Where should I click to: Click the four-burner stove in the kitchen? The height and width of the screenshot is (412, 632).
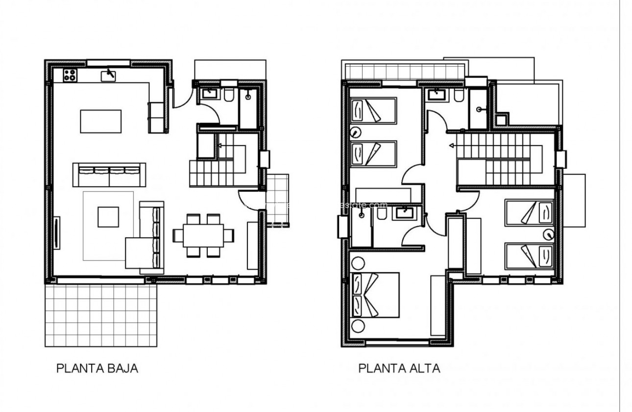(70, 75)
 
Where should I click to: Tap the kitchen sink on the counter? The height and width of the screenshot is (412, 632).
(108, 75)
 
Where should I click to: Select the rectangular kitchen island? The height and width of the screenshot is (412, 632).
(100, 121)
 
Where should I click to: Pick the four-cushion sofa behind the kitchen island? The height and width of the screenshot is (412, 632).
(109, 174)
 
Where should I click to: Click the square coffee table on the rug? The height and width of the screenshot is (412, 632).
(108, 217)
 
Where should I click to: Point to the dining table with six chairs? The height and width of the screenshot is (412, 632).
(203, 235)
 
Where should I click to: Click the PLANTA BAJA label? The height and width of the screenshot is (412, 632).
(97, 368)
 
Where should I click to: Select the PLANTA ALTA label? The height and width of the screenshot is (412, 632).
(399, 368)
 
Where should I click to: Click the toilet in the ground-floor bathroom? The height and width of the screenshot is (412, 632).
(229, 96)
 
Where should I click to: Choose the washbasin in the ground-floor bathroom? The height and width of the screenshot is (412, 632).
(210, 93)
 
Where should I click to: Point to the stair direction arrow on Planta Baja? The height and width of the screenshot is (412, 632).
(219, 145)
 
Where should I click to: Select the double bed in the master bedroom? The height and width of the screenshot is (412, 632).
(375, 295)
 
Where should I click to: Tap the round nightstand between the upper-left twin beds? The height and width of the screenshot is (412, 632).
(356, 131)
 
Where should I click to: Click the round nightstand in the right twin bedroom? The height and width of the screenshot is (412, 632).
(548, 234)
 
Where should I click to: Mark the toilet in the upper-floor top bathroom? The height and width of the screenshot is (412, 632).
(458, 96)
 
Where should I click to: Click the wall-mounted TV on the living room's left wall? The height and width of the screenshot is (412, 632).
(57, 233)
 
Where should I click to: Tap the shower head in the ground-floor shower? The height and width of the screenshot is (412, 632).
(248, 97)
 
